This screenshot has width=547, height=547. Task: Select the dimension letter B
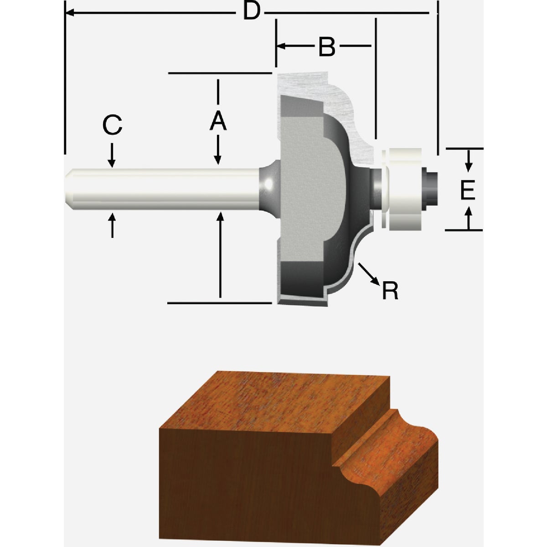click(x=326, y=46)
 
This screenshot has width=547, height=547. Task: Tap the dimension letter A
click(x=218, y=121)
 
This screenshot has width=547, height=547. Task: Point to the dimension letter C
click(x=112, y=125)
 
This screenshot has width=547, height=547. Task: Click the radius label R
click(x=390, y=290)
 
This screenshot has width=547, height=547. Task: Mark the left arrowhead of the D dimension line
click(x=68, y=13)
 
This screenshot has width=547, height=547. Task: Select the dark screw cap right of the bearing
click(x=431, y=188)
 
